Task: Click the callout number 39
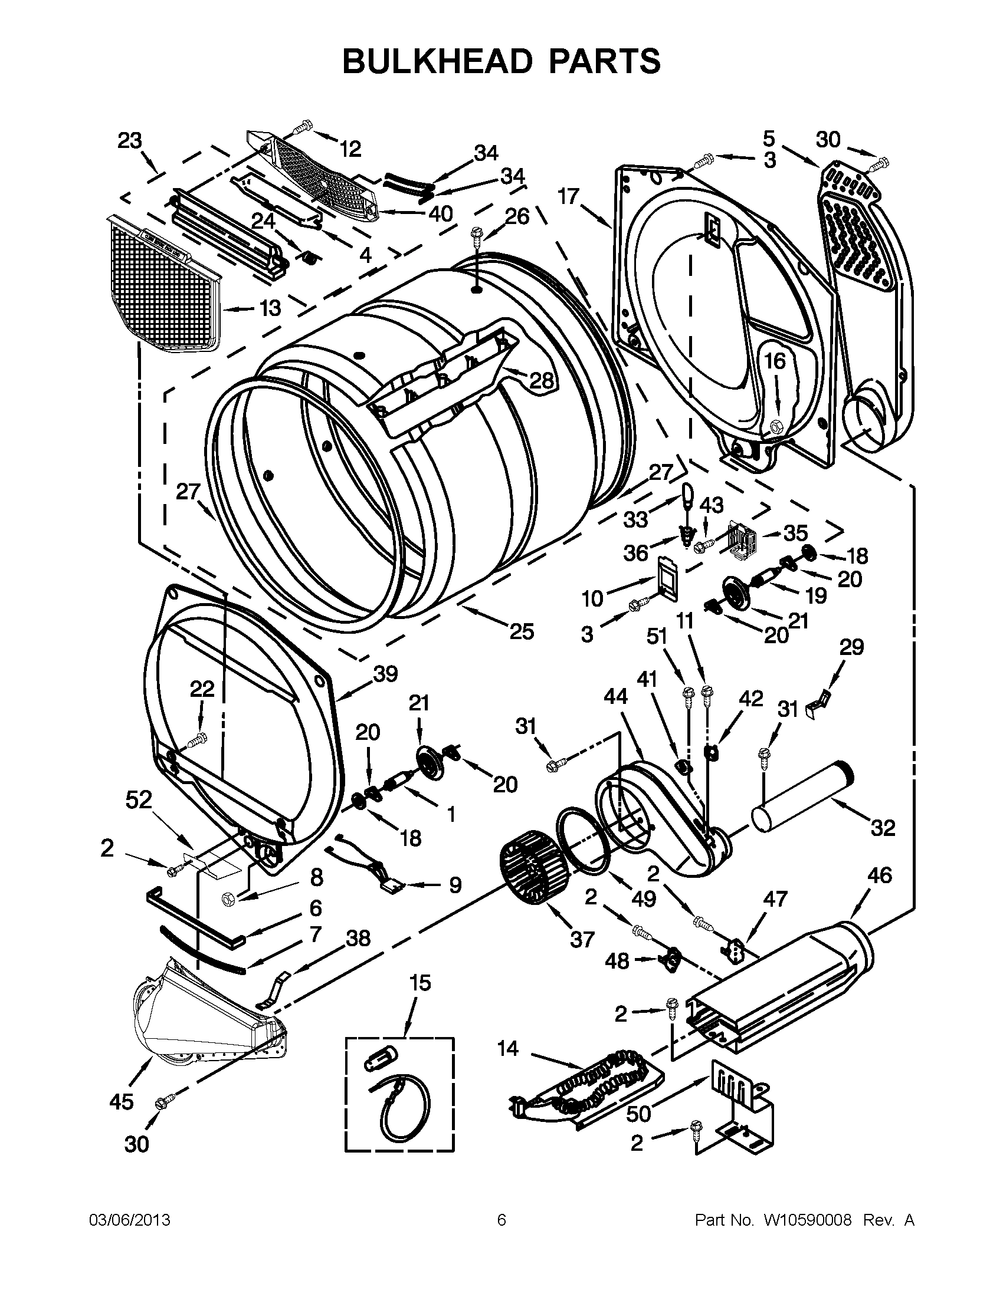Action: [385, 674]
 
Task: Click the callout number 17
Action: [568, 195]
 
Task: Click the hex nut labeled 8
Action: [231, 899]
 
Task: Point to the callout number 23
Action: [130, 141]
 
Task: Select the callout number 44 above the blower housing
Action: [615, 696]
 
